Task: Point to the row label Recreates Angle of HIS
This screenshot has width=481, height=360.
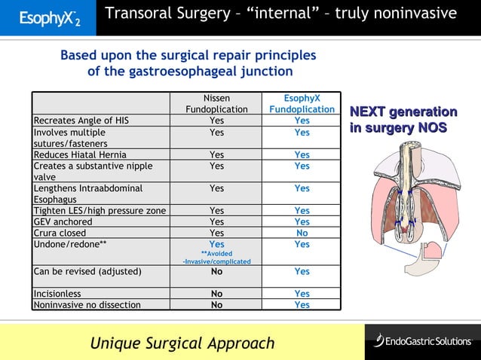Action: [81, 121]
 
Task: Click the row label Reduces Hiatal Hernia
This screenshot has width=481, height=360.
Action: [78, 154]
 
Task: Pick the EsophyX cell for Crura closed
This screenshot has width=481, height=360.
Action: [302, 233]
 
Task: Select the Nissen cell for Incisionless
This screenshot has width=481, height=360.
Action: [216, 294]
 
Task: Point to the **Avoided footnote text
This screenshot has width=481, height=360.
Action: [216, 254]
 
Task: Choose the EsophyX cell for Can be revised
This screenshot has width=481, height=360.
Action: [302, 272]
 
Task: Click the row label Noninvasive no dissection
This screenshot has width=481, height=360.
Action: [87, 305]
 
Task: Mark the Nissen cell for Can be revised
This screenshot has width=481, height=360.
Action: [216, 272]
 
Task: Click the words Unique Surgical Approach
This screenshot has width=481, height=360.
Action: [182, 343]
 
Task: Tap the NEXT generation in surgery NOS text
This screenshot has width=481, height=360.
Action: [403, 120]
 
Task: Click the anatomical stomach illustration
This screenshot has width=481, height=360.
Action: [412, 203]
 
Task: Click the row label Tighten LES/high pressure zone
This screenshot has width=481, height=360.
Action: [100, 211]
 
